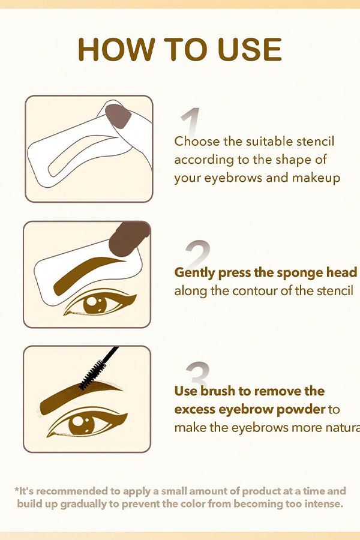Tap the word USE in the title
coord(250,50)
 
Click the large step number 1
coord(191,122)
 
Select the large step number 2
coord(197,254)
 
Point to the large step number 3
coord(198,374)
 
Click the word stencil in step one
coord(315,141)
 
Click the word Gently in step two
coord(194,273)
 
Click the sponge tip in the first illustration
coord(118,116)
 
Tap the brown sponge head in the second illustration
coord(128,239)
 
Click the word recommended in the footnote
coord(69,491)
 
